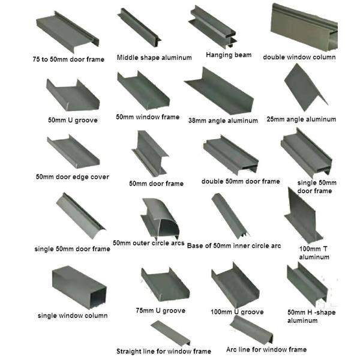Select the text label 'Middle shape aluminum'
pyautogui.click(x=154, y=58)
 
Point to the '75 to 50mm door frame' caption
pyautogui.click(x=68, y=59)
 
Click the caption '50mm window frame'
pyautogui.click(x=148, y=117)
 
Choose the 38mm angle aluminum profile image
pyautogui.click(x=214, y=92)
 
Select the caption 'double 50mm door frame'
pyautogui.click(x=241, y=181)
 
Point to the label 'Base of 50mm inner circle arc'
pyautogui.click(x=234, y=245)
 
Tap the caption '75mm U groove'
pyautogui.click(x=161, y=311)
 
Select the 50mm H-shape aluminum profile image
pyautogui.click(x=306, y=282)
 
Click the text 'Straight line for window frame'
pyautogui.click(x=164, y=351)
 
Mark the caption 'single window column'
pyautogui.click(x=73, y=316)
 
